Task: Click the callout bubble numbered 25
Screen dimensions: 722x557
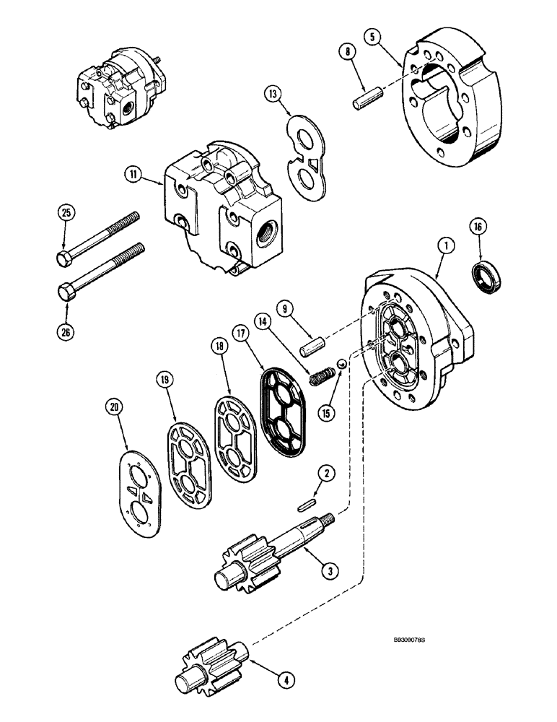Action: pyautogui.click(x=66, y=213)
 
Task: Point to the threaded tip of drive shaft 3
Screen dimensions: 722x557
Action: pyautogui.click(x=330, y=518)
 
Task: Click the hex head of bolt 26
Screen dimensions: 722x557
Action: pyautogui.click(x=66, y=290)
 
